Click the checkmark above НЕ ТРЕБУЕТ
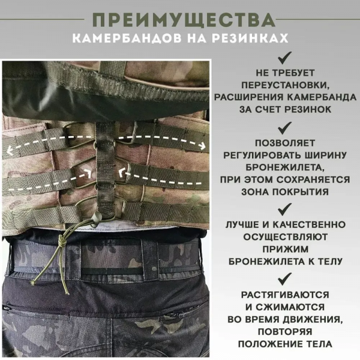pos(285,58)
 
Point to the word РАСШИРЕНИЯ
pos(247,98)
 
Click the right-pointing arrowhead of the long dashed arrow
pos(202,145)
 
